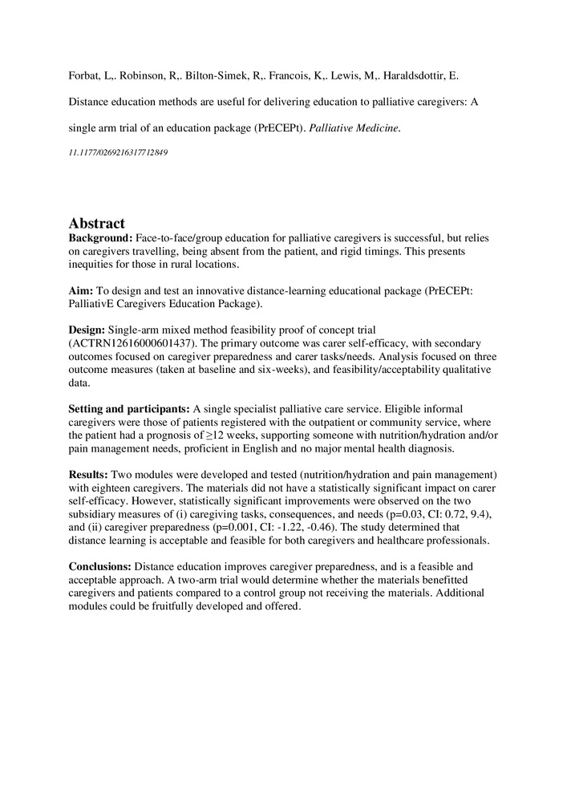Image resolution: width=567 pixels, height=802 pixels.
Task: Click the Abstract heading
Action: tap(96, 224)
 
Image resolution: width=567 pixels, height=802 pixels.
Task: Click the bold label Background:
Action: tap(100, 239)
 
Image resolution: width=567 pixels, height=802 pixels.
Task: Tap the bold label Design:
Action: tap(87, 330)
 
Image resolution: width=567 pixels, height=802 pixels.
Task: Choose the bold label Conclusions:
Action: tap(101, 566)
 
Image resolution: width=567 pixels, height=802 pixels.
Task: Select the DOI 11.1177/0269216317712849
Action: tap(118, 152)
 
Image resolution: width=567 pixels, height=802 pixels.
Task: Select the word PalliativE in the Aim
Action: tap(95, 305)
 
